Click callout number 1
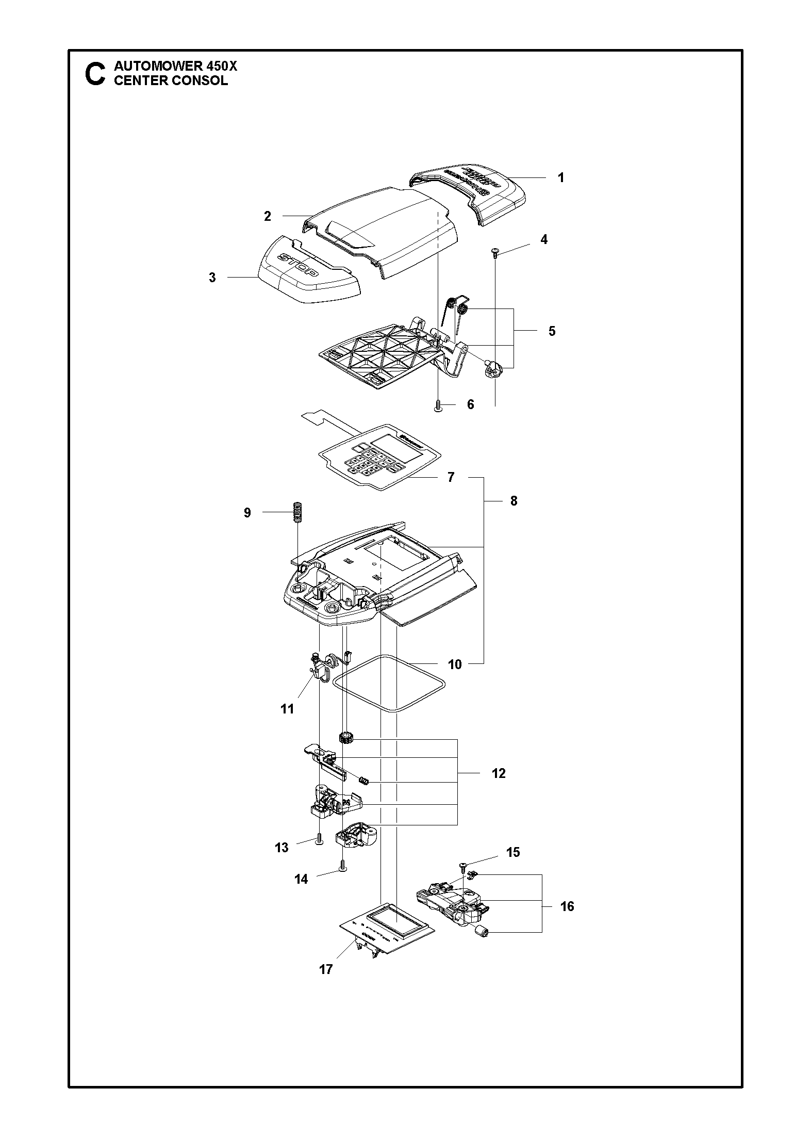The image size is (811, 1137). (561, 178)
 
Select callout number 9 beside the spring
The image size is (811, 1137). (247, 513)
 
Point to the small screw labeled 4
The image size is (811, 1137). (495, 252)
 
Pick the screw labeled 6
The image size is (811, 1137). (438, 405)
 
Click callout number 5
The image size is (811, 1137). (552, 331)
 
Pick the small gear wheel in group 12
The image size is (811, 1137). (345, 737)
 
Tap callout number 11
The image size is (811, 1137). (287, 709)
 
